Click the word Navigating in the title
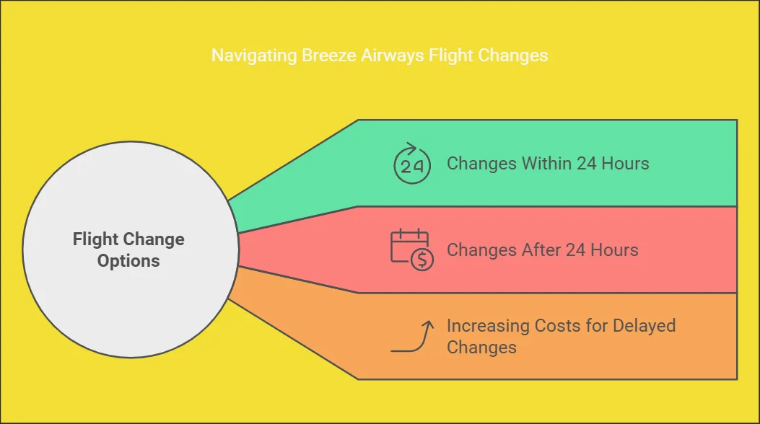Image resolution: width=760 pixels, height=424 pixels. [x=254, y=56]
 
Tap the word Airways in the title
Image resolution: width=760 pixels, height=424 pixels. [x=392, y=56]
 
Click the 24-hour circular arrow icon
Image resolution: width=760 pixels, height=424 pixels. [x=412, y=164]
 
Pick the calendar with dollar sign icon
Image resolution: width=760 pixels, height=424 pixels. [x=412, y=249]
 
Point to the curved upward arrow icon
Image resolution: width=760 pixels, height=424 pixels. [x=412, y=337]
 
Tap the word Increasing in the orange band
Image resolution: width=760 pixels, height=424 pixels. [x=488, y=326]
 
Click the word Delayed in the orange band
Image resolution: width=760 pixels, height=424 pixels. [x=644, y=326]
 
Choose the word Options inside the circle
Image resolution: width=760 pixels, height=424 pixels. [x=128, y=261]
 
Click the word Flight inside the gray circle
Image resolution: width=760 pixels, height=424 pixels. [x=95, y=239]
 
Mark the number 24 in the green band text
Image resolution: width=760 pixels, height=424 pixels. [x=587, y=164]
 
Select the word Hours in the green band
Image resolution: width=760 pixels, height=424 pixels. [x=625, y=164]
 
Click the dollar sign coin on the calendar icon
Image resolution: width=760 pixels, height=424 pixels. [x=422, y=260]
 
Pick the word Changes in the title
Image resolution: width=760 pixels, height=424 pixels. [x=513, y=56]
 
